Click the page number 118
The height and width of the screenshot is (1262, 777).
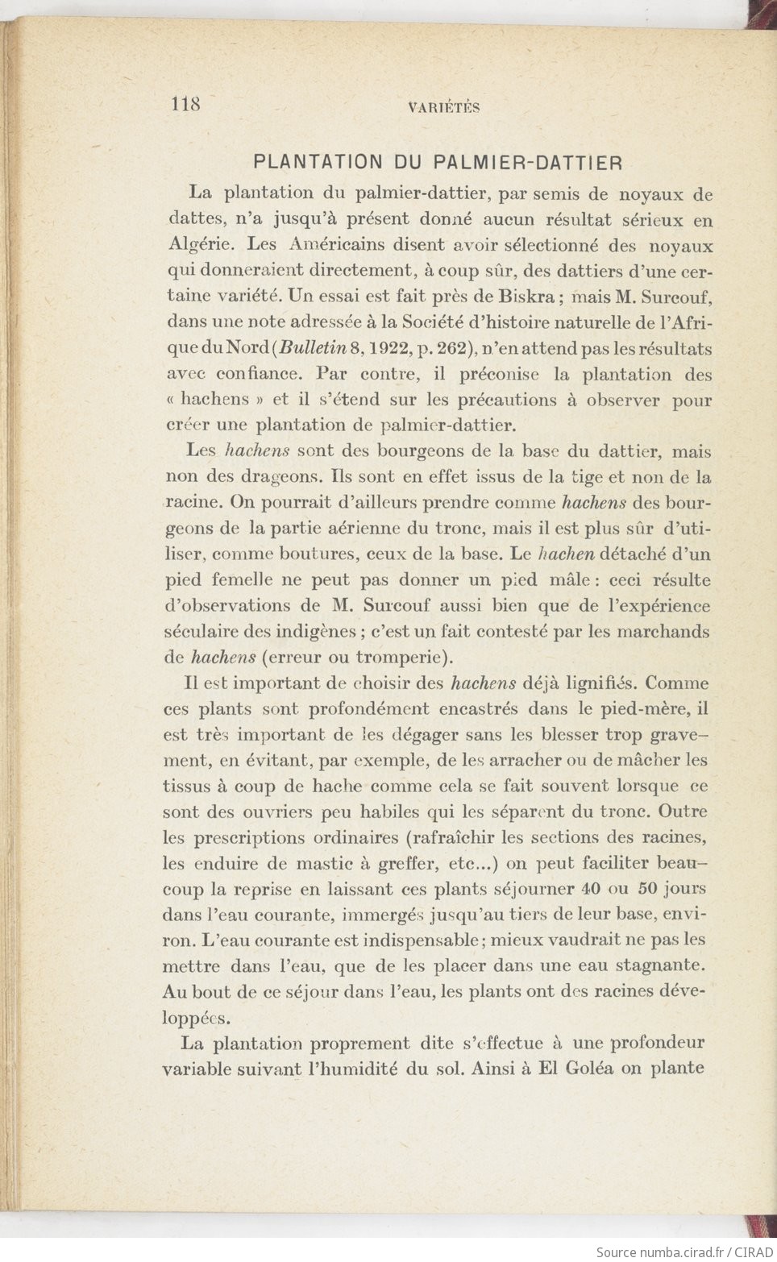(x=185, y=104)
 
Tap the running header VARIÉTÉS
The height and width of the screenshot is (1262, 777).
(x=443, y=107)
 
